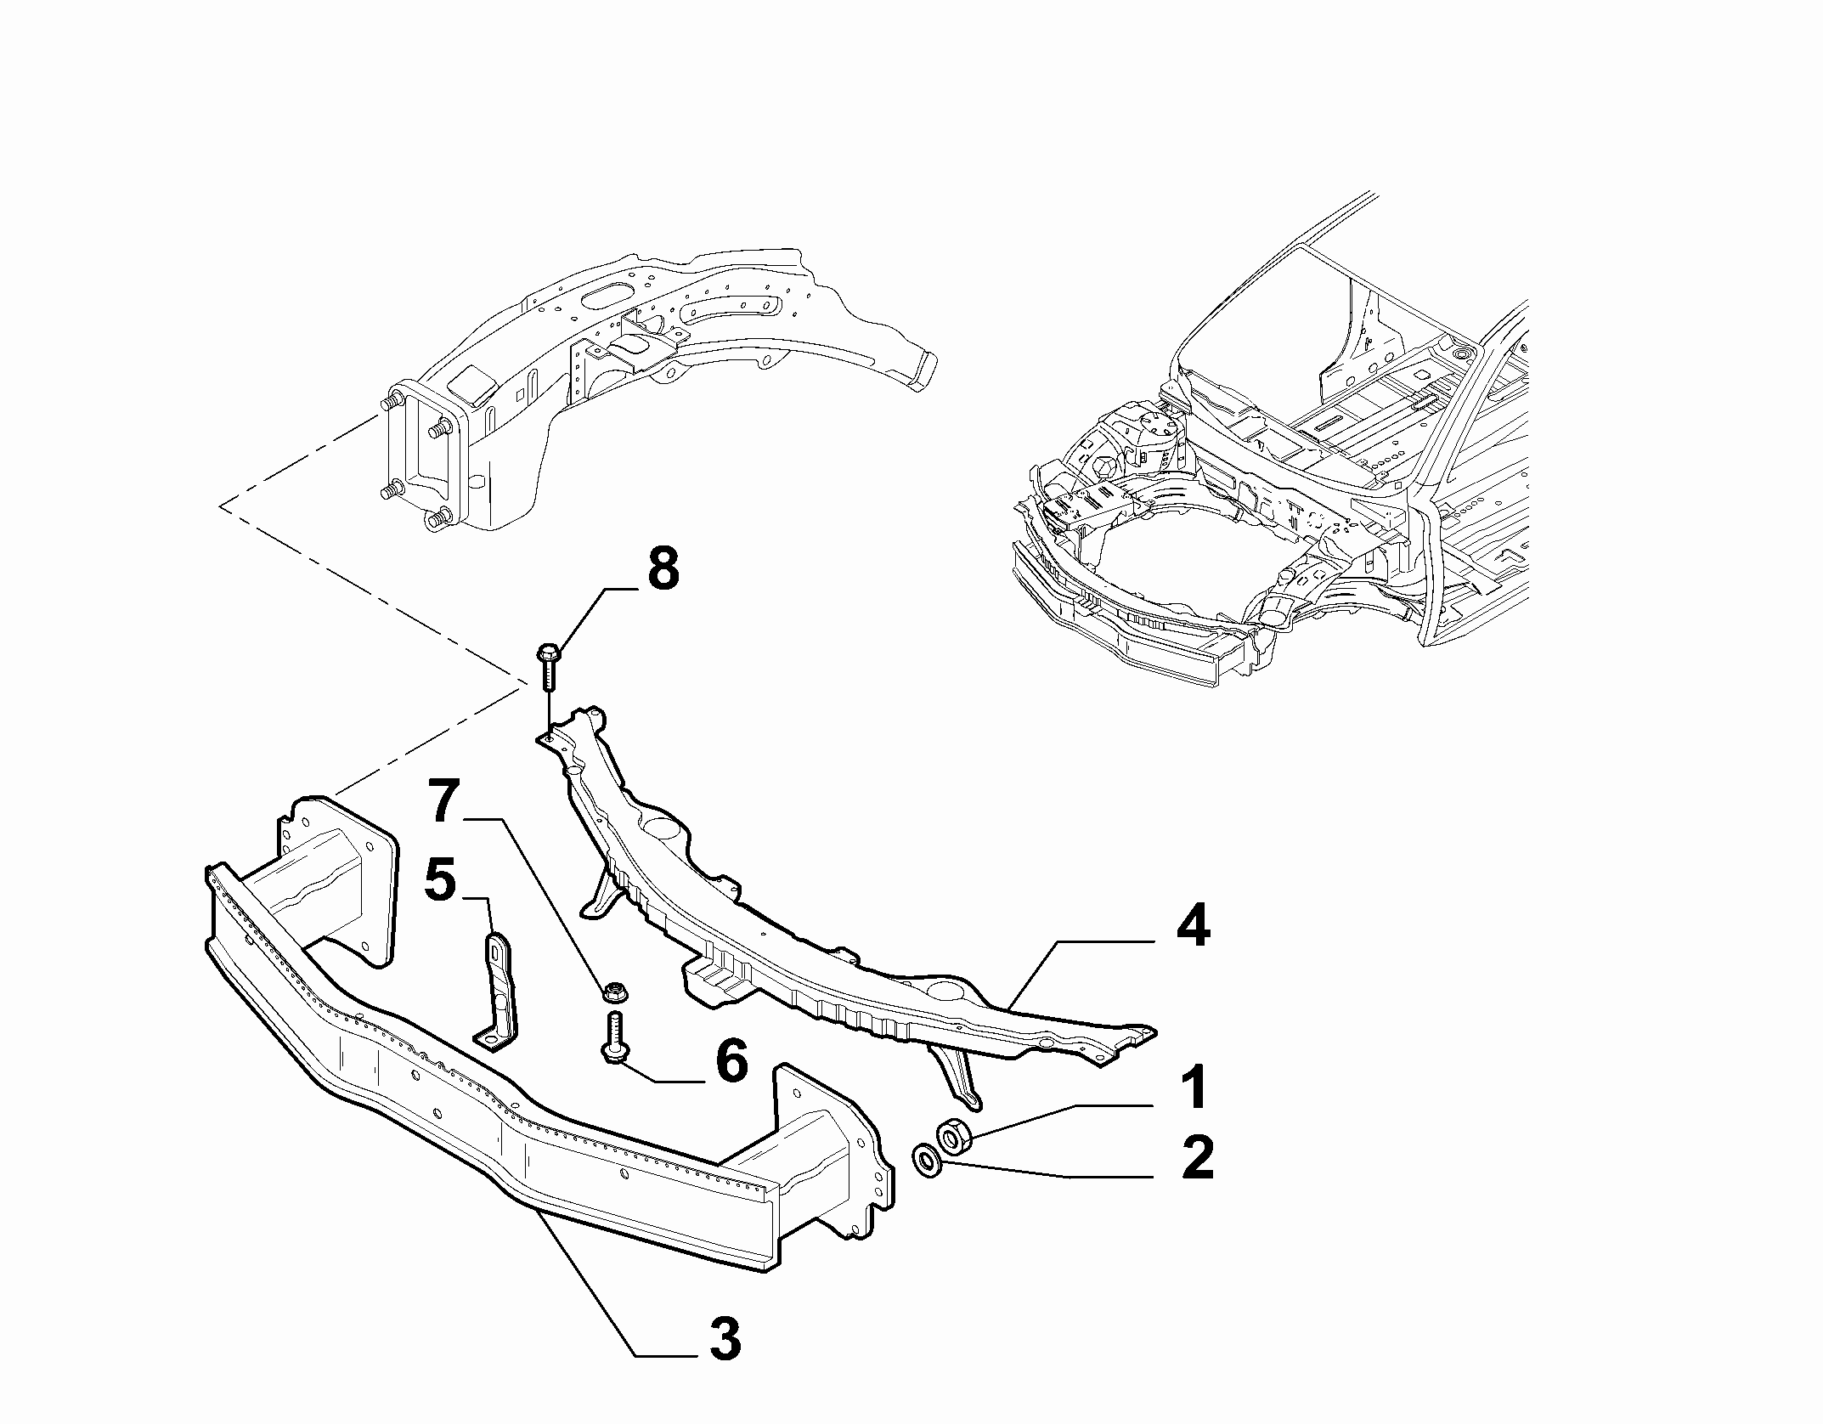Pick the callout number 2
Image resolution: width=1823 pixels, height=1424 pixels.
pos(1197,1158)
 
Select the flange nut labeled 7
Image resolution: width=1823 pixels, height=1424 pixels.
pos(612,991)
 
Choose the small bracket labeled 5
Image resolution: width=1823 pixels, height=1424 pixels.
pos(496,992)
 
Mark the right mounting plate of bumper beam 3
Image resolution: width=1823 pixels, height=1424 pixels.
pos(832,1156)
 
